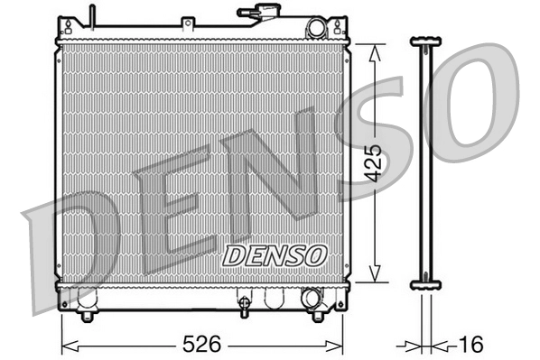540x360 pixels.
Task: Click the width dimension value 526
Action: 203,345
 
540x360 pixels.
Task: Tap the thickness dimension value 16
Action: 471,345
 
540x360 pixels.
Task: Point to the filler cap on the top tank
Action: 256,13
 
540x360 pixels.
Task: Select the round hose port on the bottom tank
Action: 311,298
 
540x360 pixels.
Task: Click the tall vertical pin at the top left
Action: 91,16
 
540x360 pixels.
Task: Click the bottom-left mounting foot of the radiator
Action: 87,315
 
